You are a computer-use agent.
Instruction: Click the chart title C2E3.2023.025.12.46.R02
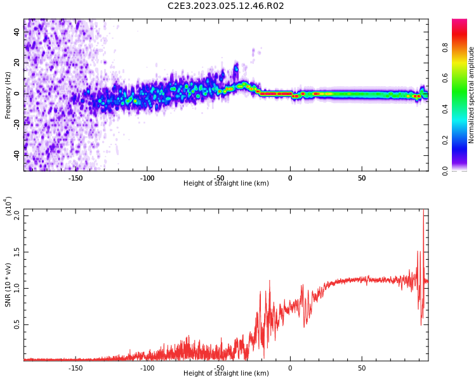225,6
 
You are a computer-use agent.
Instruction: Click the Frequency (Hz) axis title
8,95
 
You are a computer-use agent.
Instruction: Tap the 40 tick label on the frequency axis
17,32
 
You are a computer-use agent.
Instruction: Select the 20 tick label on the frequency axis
17,63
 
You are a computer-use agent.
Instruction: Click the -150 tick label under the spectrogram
76,178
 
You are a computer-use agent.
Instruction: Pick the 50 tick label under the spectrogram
361,178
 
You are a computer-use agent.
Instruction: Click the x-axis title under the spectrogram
226,184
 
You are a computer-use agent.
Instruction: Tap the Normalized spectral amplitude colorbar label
472,95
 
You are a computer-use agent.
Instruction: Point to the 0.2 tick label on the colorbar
462,140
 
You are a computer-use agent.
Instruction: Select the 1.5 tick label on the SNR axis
17,251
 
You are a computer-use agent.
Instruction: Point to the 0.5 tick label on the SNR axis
17,324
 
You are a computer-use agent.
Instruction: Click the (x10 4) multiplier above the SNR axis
9,206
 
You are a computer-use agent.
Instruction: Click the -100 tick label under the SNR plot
147,368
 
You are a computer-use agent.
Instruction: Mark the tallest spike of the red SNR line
423,213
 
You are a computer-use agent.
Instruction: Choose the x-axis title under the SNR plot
226,374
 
